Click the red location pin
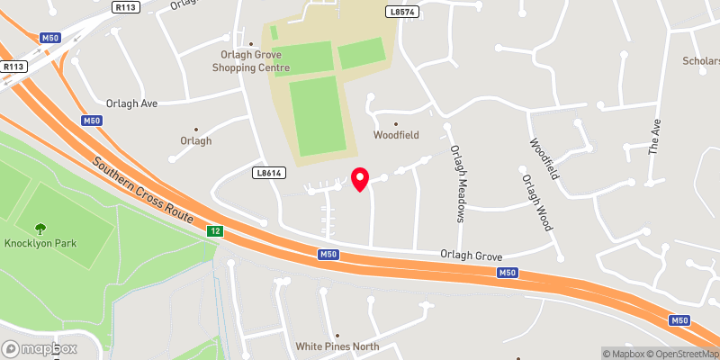point(360,179)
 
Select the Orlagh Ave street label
point(131,103)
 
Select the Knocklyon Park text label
point(39,244)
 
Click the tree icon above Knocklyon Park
point(40,229)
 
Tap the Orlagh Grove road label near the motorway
point(469,255)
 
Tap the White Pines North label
point(337,346)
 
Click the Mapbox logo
point(40,348)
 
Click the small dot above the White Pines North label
point(337,334)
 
